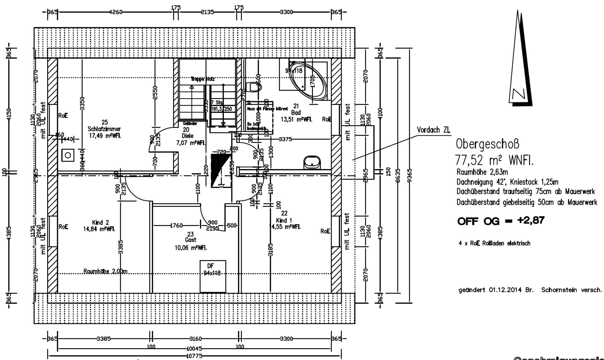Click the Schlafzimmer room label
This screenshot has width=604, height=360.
(x=104, y=129)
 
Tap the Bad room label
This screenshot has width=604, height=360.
(x=296, y=113)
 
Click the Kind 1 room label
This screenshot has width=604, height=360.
(x=284, y=220)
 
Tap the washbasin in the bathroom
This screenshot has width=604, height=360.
(x=312, y=163)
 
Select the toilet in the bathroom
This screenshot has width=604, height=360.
(x=254, y=87)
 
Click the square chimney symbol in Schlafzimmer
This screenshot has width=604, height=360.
(x=68, y=155)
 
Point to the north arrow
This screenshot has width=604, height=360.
(x=521, y=60)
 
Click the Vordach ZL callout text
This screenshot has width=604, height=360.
(x=433, y=130)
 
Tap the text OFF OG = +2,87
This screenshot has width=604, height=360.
(x=501, y=221)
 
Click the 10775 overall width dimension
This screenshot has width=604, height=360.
(x=194, y=355)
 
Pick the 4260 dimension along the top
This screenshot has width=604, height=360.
(x=116, y=12)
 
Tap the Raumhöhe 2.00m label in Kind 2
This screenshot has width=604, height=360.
(x=105, y=272)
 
